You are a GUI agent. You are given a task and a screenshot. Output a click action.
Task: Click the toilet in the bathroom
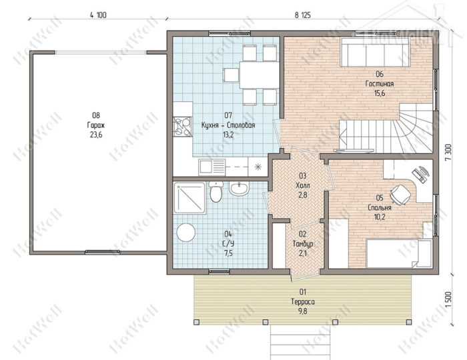(215, 191)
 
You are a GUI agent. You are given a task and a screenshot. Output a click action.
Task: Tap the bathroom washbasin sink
(239, 189)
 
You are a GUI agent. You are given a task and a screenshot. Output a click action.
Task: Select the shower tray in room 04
(189, 198)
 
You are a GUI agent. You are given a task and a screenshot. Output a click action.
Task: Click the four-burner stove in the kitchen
(183, 127)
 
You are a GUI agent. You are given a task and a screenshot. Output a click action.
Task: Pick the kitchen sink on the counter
(211, 167)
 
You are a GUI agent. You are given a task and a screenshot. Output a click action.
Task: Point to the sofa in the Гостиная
(376, 53)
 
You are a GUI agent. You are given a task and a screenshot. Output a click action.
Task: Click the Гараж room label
(96, 125)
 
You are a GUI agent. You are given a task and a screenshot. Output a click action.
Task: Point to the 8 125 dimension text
(303, 15)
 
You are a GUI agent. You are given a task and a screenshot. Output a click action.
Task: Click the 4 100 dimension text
(98, 15)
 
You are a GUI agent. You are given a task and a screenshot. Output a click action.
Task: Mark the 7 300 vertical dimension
(449, 152)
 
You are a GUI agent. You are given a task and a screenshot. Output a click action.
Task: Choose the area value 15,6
(380, 93)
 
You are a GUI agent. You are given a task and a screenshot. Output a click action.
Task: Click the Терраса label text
(303, 302)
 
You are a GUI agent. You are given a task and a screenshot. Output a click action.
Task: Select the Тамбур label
(303, 244)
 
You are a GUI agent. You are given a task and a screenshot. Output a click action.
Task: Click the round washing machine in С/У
(186, 232)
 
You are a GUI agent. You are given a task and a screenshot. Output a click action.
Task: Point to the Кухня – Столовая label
(228, 125)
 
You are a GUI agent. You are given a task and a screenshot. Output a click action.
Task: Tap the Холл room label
(303, 185)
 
